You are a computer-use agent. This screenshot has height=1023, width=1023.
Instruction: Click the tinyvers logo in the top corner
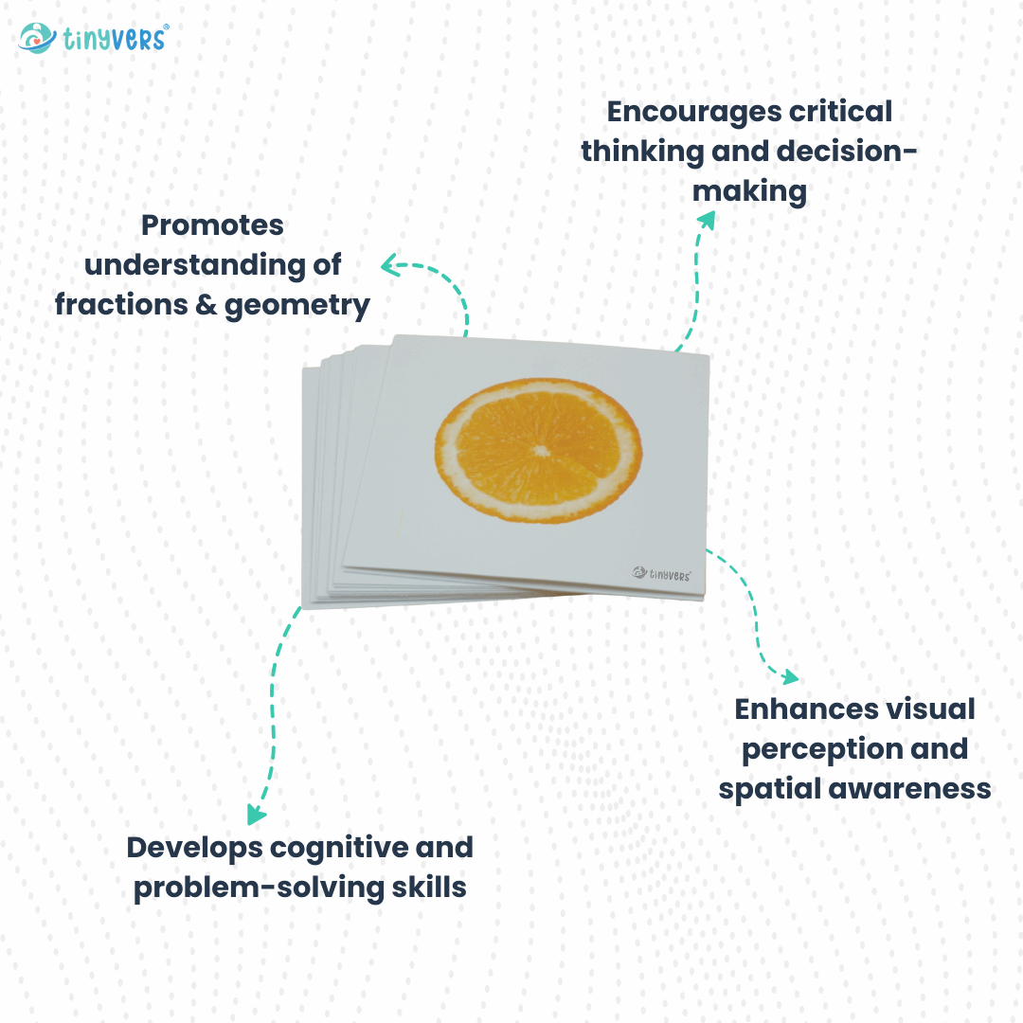[93, 38]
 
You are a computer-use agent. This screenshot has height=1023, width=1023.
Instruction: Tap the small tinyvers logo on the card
[662, 572]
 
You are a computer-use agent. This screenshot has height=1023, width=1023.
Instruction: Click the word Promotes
[212, 226]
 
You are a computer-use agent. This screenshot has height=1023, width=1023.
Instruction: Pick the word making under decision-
[749, 192]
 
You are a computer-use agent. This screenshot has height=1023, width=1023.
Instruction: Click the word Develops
[195, 847]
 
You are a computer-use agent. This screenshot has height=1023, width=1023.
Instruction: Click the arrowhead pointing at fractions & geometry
[387, 266]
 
